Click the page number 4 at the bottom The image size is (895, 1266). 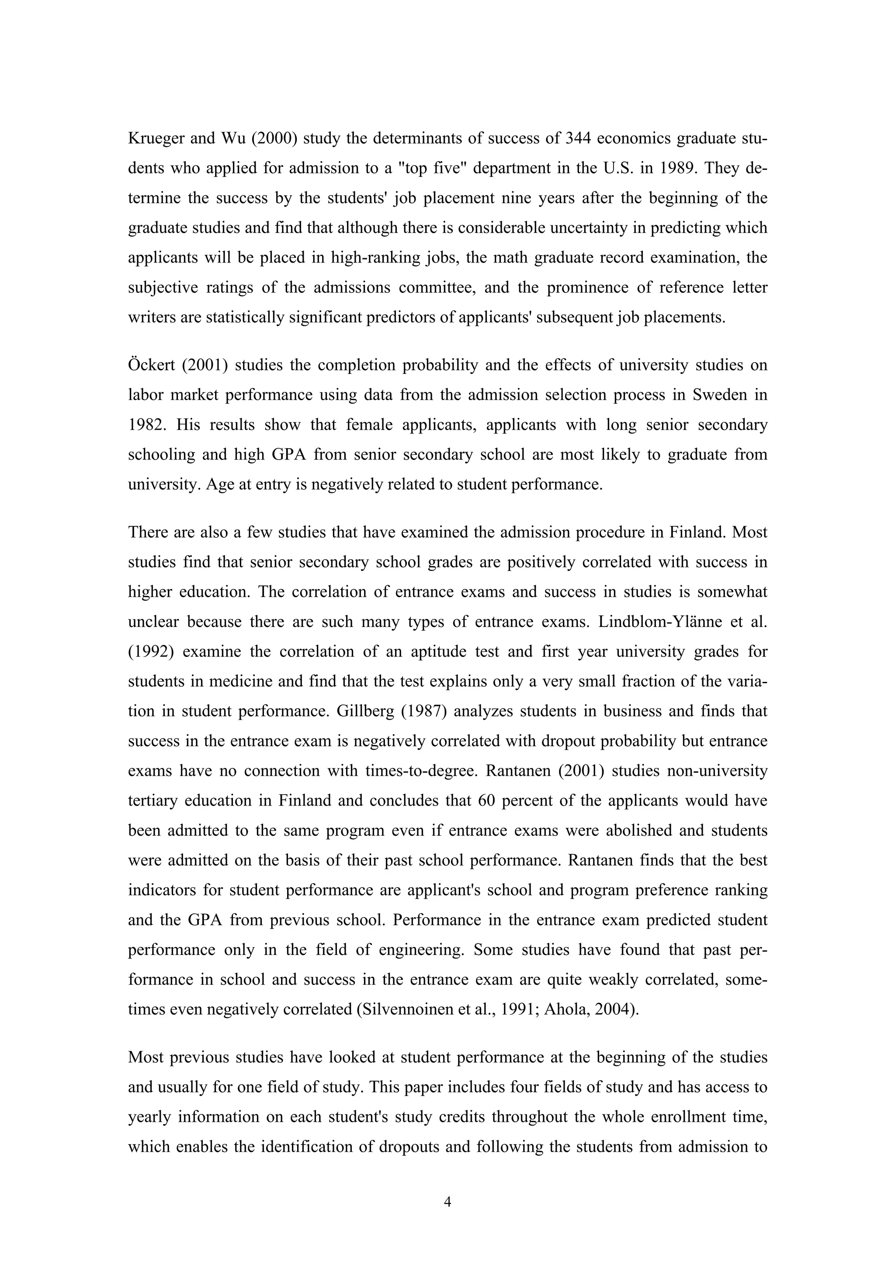pyautogui.click(x=447, y=1202)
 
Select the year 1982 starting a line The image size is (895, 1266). pyautogui.click(x=146, y=425)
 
